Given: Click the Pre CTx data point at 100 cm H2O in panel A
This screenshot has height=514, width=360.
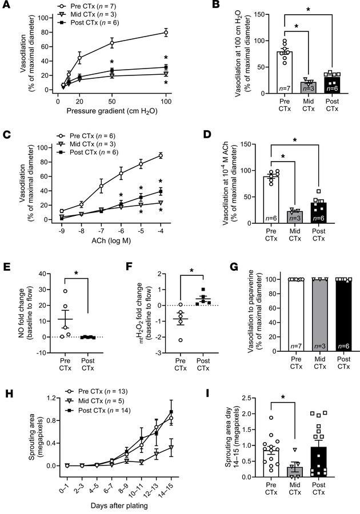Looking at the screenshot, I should pyautogui.click(x=166, y=33).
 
